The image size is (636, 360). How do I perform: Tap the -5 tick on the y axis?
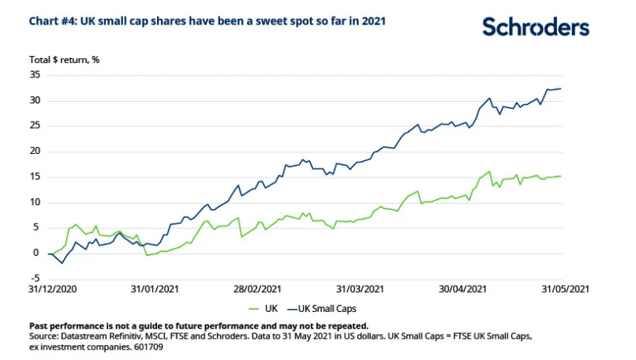(34, 278)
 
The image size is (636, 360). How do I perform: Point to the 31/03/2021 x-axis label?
(360, 290)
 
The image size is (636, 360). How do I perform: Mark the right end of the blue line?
(560, 88)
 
